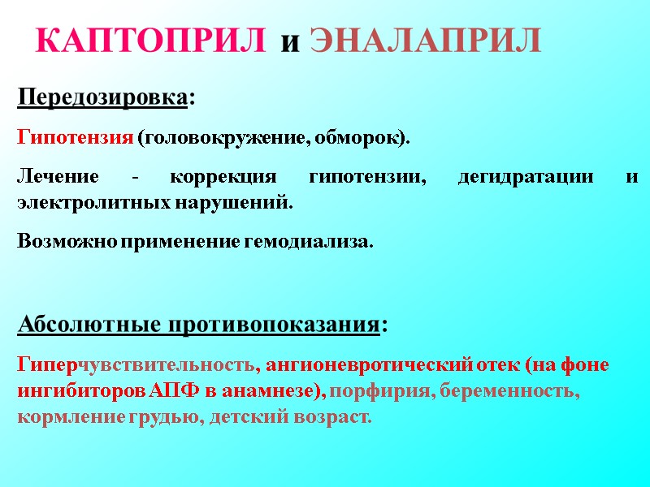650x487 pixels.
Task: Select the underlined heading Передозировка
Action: tap(102, 98)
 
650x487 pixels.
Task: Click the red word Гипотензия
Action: tap(75, 138)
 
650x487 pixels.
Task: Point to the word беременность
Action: tap(507, 391)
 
